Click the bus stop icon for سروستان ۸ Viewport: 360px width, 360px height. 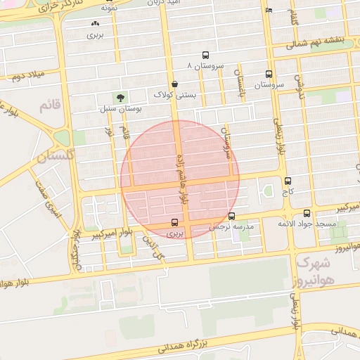205,55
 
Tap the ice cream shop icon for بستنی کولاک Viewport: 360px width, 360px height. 174,84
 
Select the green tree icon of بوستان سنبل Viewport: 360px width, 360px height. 119,98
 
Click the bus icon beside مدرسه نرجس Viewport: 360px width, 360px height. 232,217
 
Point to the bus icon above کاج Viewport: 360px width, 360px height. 288,181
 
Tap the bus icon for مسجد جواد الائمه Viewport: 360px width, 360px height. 307,213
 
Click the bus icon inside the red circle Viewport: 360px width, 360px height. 174,223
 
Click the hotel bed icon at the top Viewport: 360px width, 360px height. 269,11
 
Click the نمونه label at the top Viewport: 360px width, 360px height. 108,7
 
